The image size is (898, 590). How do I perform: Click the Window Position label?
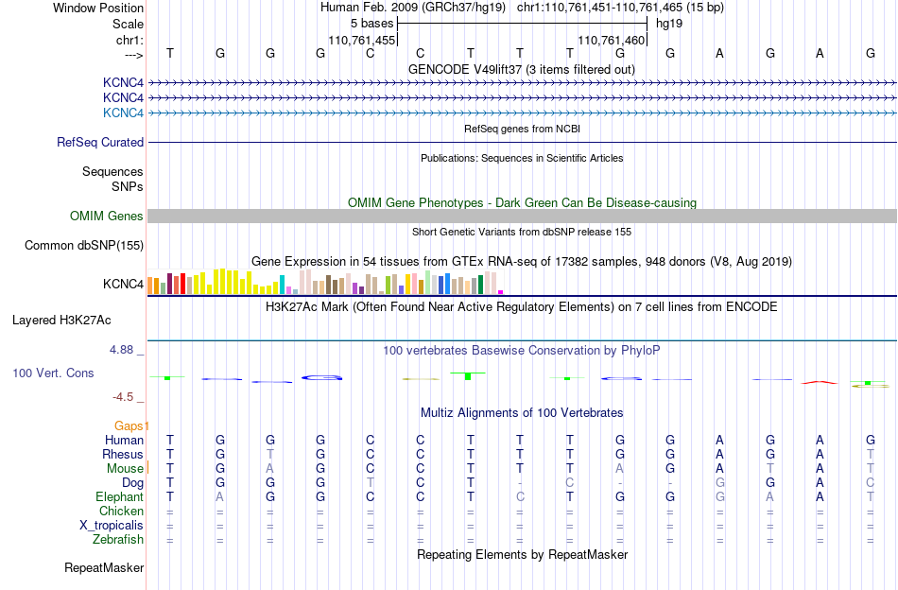98,8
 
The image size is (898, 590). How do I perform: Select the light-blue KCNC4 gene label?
123,113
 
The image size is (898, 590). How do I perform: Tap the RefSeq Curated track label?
100,142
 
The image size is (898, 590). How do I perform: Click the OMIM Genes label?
107,216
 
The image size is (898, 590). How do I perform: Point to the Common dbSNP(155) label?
84,245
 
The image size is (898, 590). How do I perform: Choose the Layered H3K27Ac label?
61,321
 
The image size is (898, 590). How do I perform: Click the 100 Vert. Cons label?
53,373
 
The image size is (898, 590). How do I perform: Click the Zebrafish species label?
118,540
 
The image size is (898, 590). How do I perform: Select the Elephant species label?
120,496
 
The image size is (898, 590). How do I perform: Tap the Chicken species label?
121,511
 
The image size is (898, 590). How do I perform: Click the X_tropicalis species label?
112,526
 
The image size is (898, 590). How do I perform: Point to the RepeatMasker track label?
104,567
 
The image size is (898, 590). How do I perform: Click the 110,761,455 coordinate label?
361,40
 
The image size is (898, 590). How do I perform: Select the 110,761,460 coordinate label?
611,40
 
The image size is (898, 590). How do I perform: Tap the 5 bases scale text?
372,24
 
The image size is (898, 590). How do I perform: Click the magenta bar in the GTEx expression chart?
501,292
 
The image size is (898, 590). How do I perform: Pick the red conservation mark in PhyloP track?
819,382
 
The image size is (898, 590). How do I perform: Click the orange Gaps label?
129,425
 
